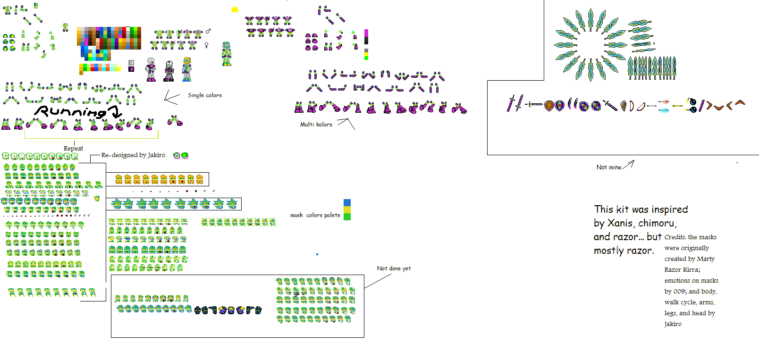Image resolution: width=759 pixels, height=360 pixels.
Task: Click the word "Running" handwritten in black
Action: (71, 112)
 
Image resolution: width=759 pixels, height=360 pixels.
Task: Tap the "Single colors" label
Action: (204, 95)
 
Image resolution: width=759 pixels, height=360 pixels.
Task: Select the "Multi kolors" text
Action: (316, 125)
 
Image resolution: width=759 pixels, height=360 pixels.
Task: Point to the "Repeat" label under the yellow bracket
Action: (73, 148)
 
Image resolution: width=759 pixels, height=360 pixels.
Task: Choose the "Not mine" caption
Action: (608, 167)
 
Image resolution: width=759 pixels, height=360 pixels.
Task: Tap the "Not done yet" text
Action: (394, 268)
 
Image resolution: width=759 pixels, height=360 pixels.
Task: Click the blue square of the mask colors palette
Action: (347, 203)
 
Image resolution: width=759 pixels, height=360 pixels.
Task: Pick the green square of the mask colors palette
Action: (347, 217)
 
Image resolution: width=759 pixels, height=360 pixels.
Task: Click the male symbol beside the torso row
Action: (208, 31)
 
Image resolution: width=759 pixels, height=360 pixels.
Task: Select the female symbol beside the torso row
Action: (206, 45)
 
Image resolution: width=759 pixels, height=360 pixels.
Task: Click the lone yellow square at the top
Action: (235, 9)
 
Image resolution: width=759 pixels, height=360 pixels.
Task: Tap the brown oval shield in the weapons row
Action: (548, 106)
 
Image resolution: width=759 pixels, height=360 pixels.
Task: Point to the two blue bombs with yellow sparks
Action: (692, 105)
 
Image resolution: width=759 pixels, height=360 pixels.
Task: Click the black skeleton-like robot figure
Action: (169, 71)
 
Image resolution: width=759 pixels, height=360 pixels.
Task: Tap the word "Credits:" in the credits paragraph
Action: (675, 237)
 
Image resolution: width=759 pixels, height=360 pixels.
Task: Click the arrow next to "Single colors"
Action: (171, 97)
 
